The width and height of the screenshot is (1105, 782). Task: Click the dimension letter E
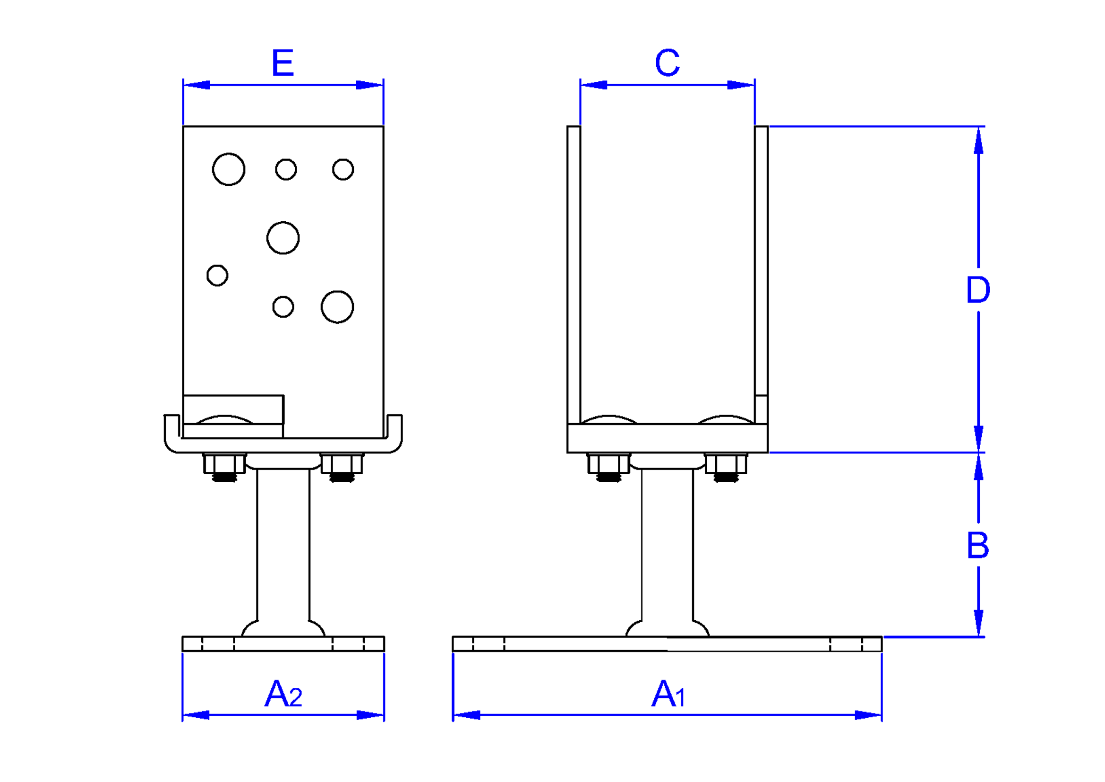click(283, 62)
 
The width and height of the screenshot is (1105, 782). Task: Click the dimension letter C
click(667, 62)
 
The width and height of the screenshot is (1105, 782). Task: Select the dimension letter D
click(978, 290)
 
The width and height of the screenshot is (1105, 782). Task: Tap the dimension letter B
click(978, 546)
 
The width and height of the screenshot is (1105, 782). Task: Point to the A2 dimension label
click(283, 694)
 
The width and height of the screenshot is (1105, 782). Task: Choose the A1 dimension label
click(668, 694)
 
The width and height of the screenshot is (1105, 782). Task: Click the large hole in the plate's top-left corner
click(229, 169)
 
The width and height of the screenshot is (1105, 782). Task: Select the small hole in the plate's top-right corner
click(343, 170)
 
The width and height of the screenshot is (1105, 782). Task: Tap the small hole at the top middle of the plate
click(286, 170)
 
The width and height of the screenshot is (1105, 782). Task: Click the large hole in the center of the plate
click(283, 238)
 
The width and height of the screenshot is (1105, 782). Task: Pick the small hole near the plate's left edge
click(217, 276)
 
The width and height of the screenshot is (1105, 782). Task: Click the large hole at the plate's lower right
click(337, 307)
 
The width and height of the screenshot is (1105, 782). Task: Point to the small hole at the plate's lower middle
click(283, 307)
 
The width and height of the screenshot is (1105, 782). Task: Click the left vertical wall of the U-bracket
click(574, 275)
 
